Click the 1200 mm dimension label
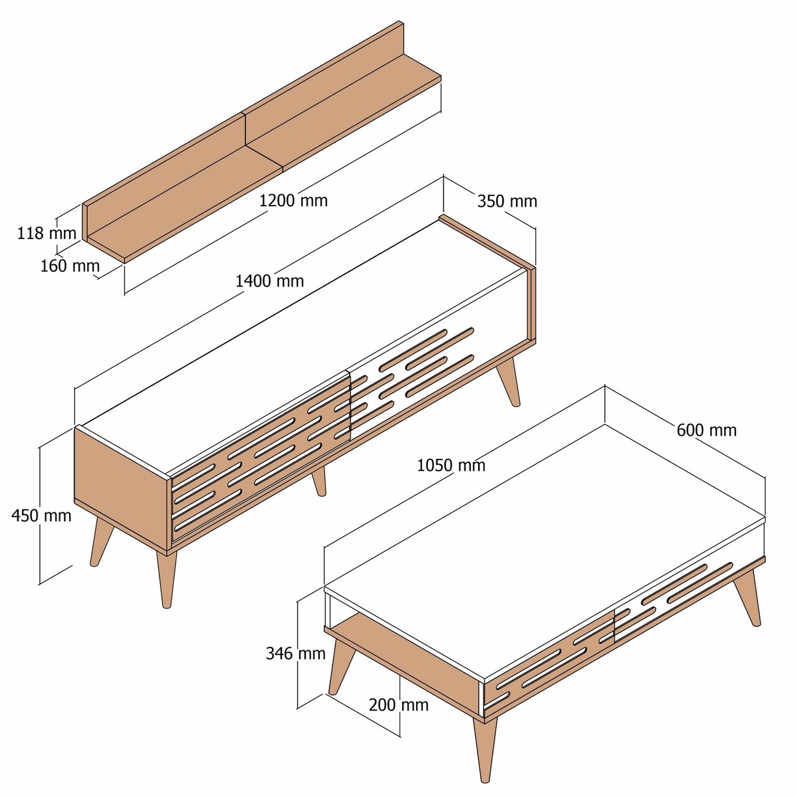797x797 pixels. point(293,200)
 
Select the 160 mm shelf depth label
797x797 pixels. point(70,266)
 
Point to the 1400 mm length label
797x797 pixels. point(270,281)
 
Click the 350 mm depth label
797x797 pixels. point(507,201)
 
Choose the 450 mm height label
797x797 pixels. point(41,516)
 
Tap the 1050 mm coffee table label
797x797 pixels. point(451,465)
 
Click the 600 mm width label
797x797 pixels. point(706,430)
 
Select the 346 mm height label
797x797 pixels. point(295,653)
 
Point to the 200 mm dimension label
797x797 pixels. point(398,705)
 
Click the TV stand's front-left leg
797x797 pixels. point(166,579)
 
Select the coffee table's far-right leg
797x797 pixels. point(748,597)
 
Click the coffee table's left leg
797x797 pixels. point(341,666)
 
